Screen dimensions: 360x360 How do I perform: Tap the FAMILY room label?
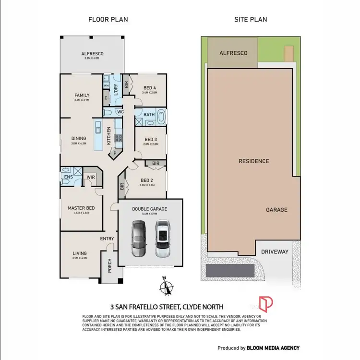coord(82,95)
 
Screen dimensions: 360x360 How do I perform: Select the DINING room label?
coord(79,139)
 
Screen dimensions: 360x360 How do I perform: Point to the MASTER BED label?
coord(81,208)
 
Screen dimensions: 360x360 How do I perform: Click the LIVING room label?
coord(80,253)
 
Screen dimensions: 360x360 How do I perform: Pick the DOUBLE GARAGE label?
coord(150,209)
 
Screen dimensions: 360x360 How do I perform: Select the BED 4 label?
coord(150,87)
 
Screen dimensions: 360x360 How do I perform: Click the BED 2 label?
coord(147,180)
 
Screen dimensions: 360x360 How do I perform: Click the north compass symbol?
coord(167,287)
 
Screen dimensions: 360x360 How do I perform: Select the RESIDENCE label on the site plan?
coord(254,161)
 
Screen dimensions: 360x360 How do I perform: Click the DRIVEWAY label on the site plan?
coord(275,252)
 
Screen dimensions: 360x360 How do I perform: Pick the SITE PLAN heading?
coord(251,20)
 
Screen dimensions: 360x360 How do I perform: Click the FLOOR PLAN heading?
coord(108,20)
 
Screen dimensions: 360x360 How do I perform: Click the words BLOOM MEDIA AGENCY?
coord(273,348)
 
